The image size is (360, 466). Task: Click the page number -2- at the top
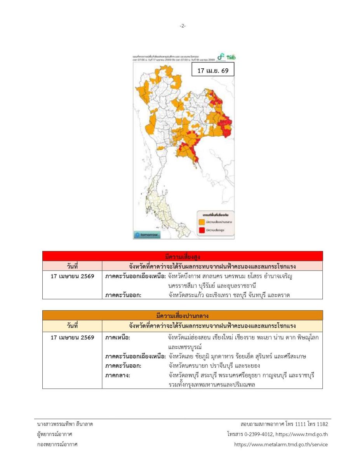coord(183,26)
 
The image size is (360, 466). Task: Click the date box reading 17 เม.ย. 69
coord(213,71)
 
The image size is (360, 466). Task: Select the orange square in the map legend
coord(202,222)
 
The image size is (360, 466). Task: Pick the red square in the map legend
coord(202,230)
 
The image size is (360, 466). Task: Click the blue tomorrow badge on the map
coord(147,235)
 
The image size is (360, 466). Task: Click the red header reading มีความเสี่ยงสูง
coord(183,256)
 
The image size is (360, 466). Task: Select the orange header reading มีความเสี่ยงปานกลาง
coord(183,315)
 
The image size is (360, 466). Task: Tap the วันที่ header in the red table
coord(72,266)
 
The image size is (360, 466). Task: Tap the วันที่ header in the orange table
coord(72,325)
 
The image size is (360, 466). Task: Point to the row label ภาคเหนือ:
coord(118,338)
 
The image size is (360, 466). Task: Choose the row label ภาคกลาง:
coord(118,376)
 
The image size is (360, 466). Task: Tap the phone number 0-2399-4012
coord(256,434)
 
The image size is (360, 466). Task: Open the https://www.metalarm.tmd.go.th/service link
coord(281,444)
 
